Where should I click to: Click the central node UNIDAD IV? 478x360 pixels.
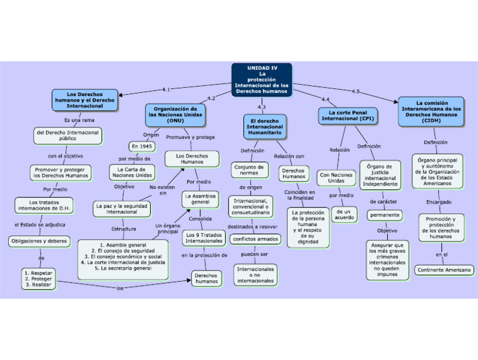coord(261,79)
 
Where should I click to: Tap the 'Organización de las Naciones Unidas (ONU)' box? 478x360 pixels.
coord(175,115)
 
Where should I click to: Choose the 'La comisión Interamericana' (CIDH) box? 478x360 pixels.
coord(431,111)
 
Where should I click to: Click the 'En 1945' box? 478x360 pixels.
coord(142,146)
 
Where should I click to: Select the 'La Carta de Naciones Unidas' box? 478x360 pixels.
coord(132,172)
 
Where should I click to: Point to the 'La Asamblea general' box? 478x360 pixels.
coord(200,199)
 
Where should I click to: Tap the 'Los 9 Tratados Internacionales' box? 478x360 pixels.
coord(204,238)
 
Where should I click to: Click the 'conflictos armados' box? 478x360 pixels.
coord(255,239)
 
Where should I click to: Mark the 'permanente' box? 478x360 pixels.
coord(385,215)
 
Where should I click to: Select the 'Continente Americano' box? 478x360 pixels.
coord(444,270)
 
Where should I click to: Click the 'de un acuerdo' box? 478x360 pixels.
coord(344,214)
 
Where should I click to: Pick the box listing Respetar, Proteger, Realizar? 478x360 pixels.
coord(37,279)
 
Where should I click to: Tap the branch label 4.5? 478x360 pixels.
coord(355,92)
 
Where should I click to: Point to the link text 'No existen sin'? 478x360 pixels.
coord(162,189)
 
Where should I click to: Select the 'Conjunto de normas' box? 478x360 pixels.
coord(249,169)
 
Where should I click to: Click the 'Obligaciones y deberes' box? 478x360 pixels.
coord(39,240)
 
